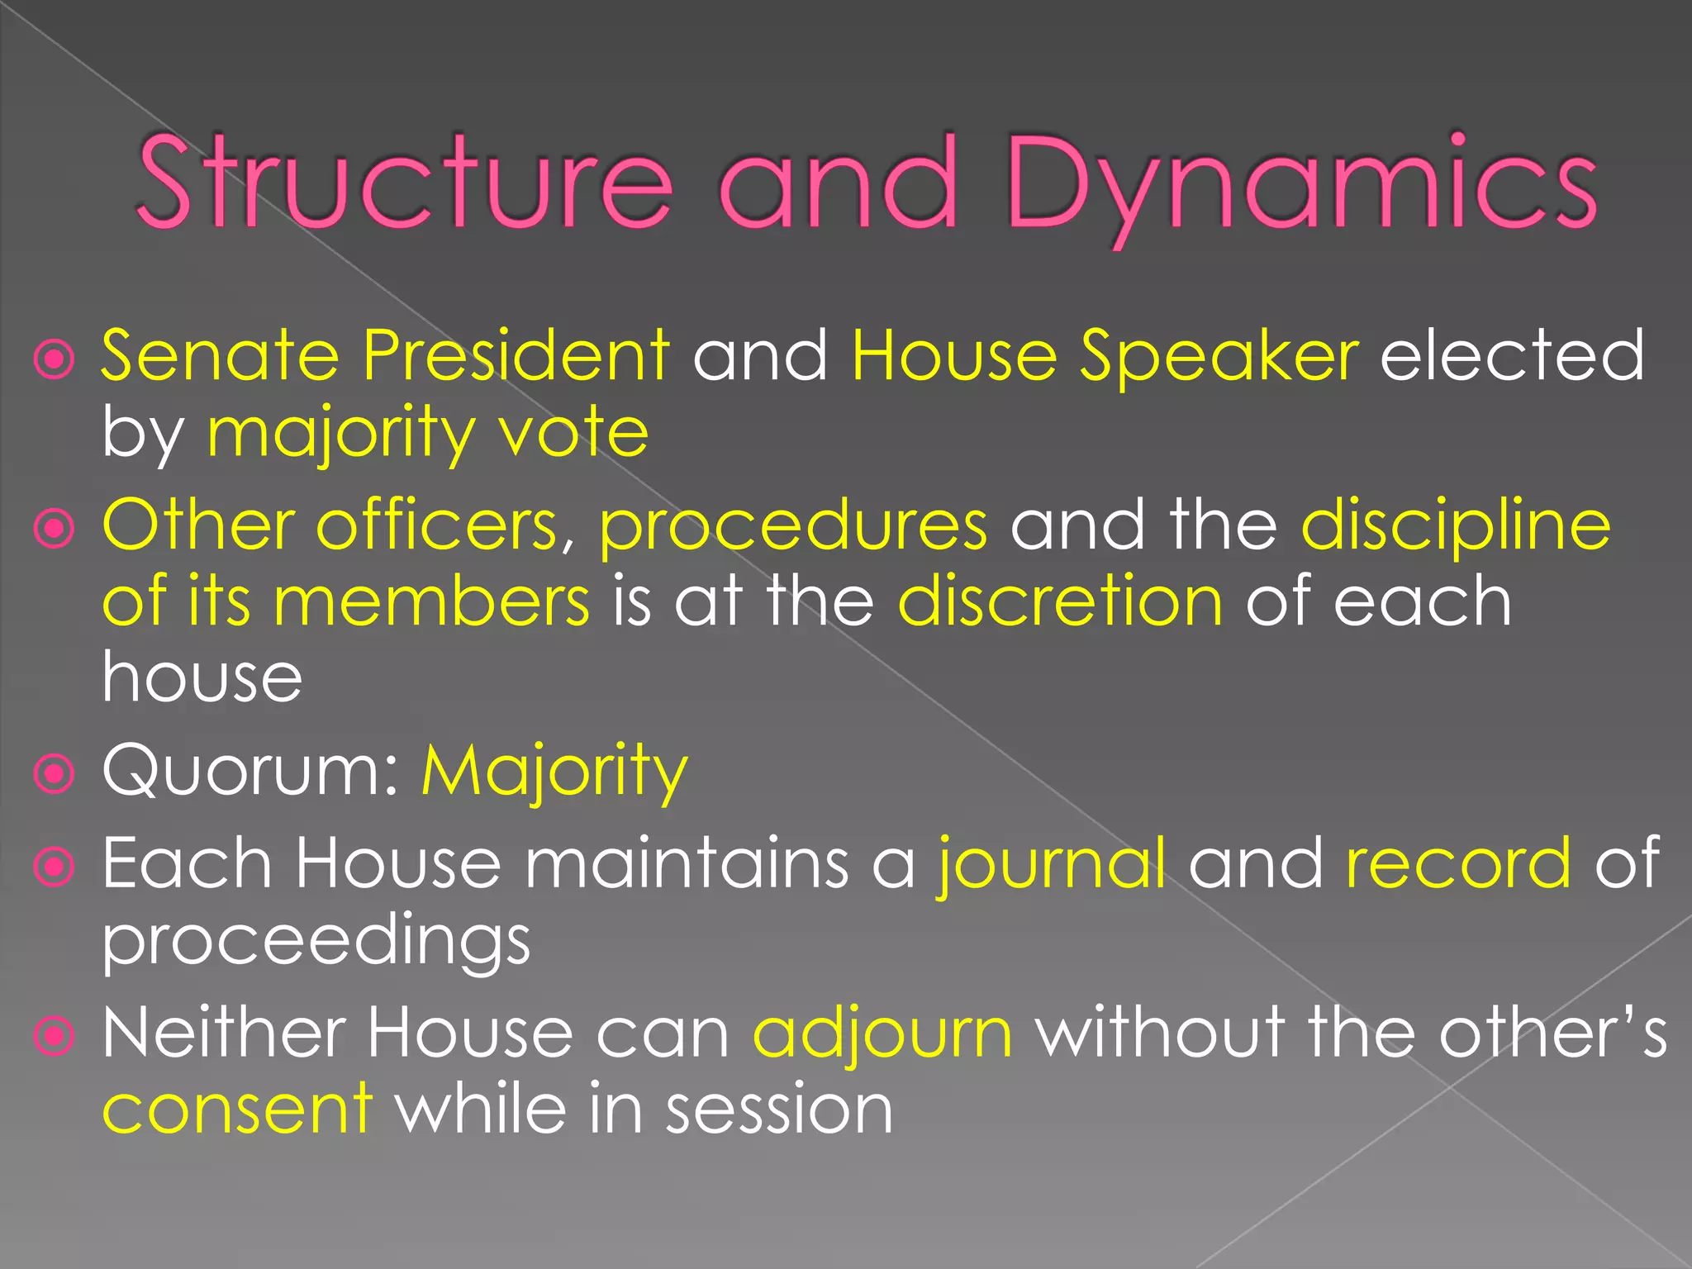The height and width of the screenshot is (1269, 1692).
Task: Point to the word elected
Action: point(1512,355)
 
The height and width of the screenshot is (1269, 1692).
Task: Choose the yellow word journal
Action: point(1051,864)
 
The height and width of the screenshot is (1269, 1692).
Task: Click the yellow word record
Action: point(1458,864)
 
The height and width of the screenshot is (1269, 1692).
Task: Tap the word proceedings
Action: point(316,942)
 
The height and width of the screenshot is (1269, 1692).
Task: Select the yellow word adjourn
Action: point(882,1033)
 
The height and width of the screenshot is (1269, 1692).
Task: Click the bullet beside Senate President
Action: point(55,360)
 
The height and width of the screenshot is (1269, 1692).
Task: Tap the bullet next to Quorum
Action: point(55,774)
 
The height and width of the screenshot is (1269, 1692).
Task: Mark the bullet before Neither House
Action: point(55,1036)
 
